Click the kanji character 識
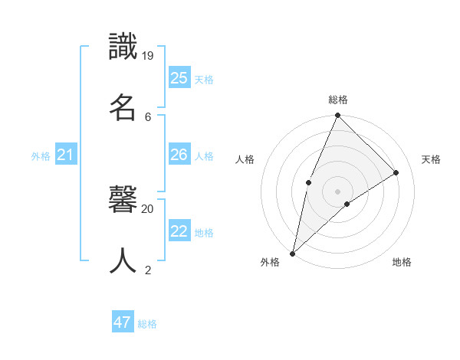tap(123, 47)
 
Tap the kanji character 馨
tap(123, 200)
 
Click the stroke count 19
tap(148, 55)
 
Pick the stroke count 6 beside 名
tap(148, 116)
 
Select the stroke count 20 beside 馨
tap(148, 208)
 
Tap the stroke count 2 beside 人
tap(148, 270)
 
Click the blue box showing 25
tap(179, 77)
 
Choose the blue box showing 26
tap(179, 155)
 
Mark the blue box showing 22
tap(179, 231)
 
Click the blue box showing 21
tap(66, 155)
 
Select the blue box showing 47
tap(123, 322)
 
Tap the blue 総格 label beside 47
tap(147, 324)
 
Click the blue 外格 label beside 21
tap(41, 156)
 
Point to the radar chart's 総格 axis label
tap(337, 100)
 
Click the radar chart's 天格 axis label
tap(431, 159)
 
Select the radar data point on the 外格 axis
tap(292, 253)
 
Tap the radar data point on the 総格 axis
tap(337, 116)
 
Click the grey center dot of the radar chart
tap(337, 191)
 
